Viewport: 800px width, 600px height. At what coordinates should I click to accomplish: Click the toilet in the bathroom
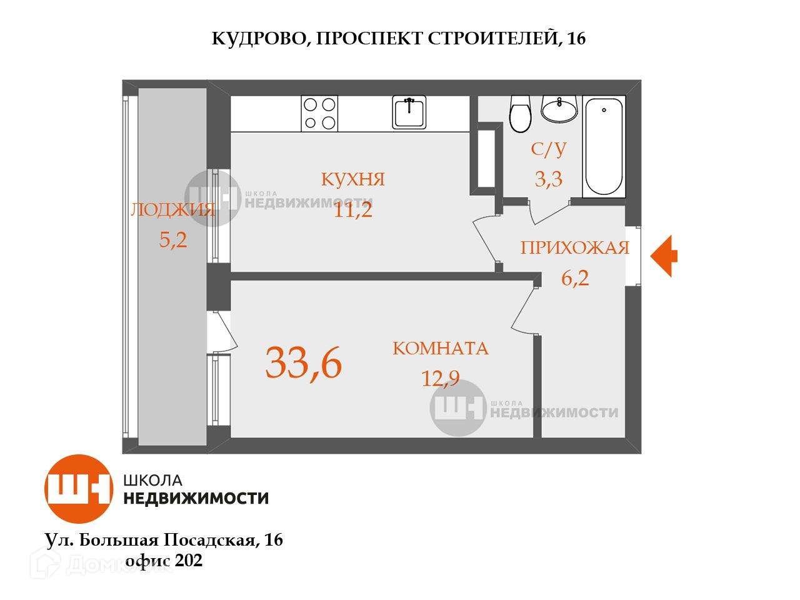click(x=520, y=114)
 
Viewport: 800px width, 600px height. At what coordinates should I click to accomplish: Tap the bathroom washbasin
click(x=559, y=109)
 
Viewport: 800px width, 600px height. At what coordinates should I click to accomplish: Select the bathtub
click(x=604, y=146)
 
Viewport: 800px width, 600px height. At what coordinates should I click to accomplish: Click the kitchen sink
click(x=409, y=112)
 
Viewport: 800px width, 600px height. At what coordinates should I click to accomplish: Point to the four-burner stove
click(x=319, y=113)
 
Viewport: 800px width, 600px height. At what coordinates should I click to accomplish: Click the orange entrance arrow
click(x=664, y=256)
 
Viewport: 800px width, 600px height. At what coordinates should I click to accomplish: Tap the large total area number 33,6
click(x=304, y=363)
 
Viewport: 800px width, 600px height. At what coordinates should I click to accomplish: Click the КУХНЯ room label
click(x=353, y=179)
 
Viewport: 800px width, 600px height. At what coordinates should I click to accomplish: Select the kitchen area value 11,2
click(x=353, y=210)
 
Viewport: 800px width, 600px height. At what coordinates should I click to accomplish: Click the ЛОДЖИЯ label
click(x=172, y=210)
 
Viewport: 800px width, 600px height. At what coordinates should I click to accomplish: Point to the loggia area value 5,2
click(x=173, y=239)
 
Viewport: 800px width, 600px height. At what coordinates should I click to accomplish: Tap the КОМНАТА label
click(x=440, y=348)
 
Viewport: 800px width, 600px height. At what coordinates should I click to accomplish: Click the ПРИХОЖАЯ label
click(x=574, y=248)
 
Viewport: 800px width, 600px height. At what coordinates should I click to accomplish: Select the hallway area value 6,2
click(x=575, y=277)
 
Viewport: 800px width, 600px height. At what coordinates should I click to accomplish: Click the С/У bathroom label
click(x=549, y=149)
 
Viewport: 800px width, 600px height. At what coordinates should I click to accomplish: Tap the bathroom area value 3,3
click(x=549, y=180)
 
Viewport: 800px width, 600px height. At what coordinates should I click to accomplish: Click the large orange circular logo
click(x=79, y=489)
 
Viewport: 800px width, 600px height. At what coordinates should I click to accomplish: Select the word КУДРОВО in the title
click(x=259, y=39)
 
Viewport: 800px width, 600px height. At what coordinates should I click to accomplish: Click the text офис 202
click(x=164, y=561)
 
